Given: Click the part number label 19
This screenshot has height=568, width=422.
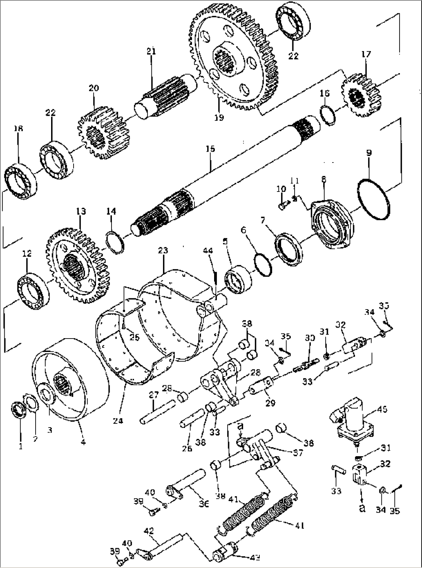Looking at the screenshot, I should [x=219, y=118].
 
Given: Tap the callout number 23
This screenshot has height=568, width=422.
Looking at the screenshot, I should [x=163, y=251].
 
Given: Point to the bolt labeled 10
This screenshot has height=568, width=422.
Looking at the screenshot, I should [x=282, y=206].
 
